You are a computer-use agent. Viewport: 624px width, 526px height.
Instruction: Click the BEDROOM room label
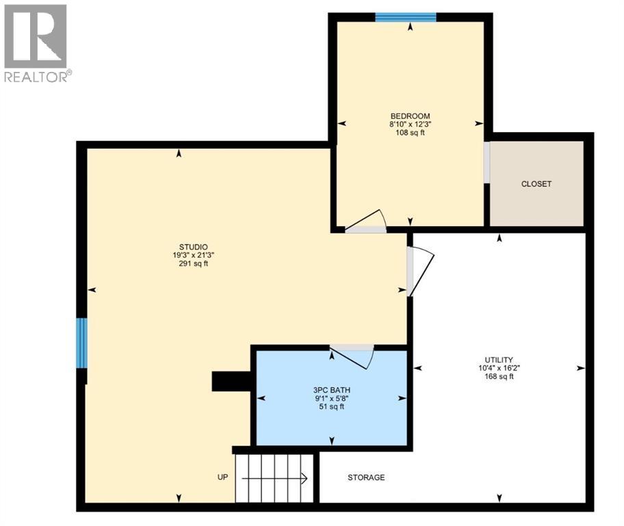click(410, 116)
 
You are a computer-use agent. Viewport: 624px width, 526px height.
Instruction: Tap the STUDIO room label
click(194, 247)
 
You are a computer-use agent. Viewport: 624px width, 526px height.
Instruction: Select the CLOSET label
click(536, 184)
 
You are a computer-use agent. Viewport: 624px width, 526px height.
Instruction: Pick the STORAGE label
click(366, 477)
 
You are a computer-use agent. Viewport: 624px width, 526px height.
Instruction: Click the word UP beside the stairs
click(222, 477)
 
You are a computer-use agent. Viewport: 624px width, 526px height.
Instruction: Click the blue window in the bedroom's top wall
click(406, 17)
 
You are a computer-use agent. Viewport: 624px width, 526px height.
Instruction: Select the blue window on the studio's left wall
click(81, 342)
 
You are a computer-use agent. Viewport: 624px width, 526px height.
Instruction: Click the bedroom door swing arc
click(367, 221)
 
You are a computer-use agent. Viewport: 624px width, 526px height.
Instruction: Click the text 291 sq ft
click(194, 263)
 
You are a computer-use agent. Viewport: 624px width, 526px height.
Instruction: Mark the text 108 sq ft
click(410, 133)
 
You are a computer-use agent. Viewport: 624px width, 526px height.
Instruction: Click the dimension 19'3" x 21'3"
click(194, 255)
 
